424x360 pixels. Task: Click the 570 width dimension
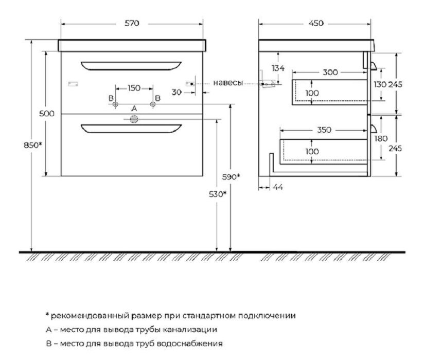[132, 23]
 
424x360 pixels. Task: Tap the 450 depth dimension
[316, 23]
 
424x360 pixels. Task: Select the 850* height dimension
[33, 145]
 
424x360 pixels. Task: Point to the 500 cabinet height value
[46, 114]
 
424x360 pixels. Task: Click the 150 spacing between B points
[134, 88]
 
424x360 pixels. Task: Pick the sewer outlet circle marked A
[134, 119]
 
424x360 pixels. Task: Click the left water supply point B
[115, 104]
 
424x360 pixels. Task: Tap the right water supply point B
[153, 104]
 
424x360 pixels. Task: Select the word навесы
[228, 83]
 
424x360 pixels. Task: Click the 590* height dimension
[231, 177]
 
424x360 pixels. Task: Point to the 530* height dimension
[218, 194]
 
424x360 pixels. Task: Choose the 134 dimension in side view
[278, 68]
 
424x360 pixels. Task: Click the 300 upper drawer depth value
[330, 72]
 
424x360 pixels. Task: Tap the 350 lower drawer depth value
[324, 130]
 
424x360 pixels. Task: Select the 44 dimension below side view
[278, 187]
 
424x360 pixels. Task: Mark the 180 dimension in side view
[381, 139]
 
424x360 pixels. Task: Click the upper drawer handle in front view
[131, 66]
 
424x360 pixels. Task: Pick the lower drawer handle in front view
[131, 129]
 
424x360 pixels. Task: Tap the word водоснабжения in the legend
[190, 344]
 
